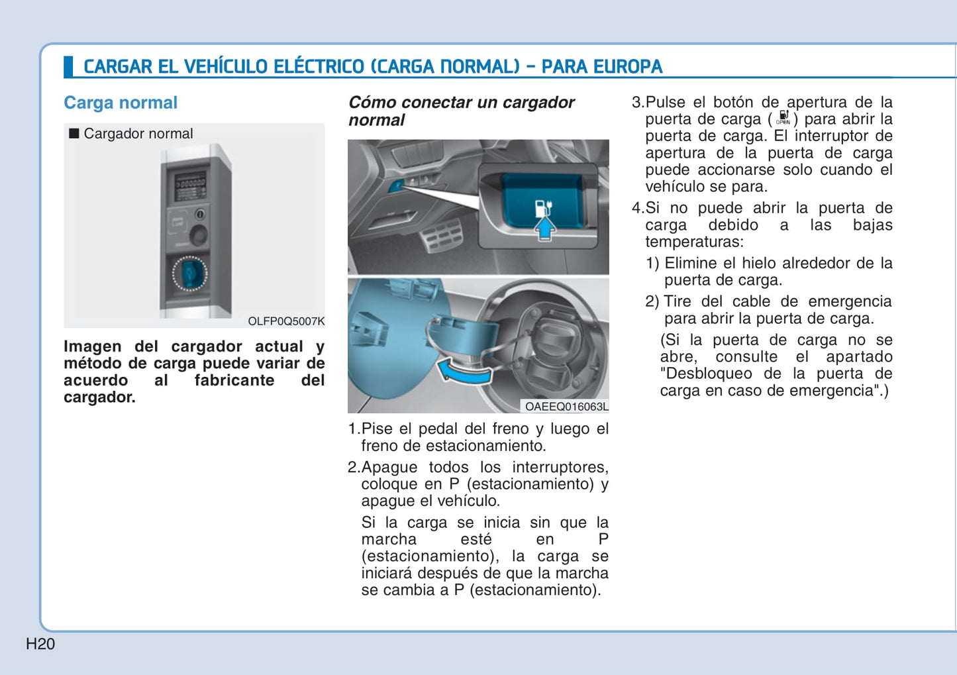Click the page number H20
click(x=40, y=644)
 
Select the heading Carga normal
click(x=121, y=103)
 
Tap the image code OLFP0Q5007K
click(x=286, y=321)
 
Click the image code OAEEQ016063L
click(x=566, y=406)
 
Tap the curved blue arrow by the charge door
click(x=464, y=371)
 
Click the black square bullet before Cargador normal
click(x=74, y=134)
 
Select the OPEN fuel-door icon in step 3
click(x=783, y=118)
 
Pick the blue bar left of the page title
click(x=68, y=67)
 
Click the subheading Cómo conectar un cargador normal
click(x=462, y=111)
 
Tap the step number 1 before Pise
click(x=353, y=429)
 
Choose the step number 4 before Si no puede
click(x=636, y=208)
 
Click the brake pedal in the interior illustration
click(x=442, y=234)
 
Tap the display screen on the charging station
click(x=190, y=186)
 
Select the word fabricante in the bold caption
click(x=234, y=380)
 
